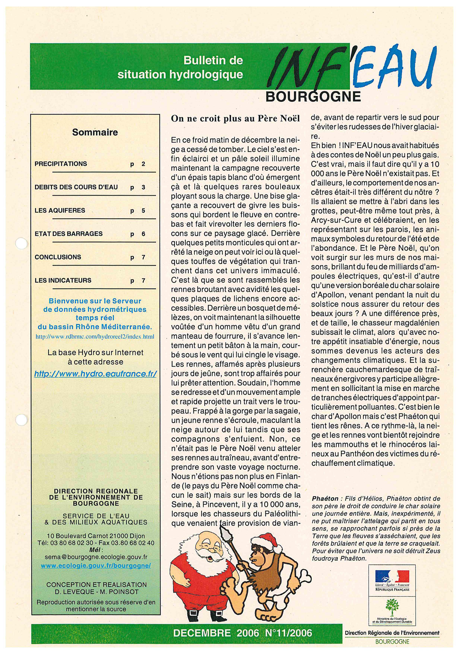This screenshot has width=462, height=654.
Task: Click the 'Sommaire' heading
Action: click(x=95, y=132)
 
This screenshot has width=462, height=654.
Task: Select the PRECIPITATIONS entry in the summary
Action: click(x=61, y=164)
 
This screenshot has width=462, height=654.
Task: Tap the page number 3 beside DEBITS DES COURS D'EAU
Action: click(x=143, y=187)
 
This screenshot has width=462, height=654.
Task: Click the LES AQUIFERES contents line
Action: click(x=60, y=211)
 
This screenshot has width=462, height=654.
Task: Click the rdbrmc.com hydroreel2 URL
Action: click(x=95, y=336)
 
